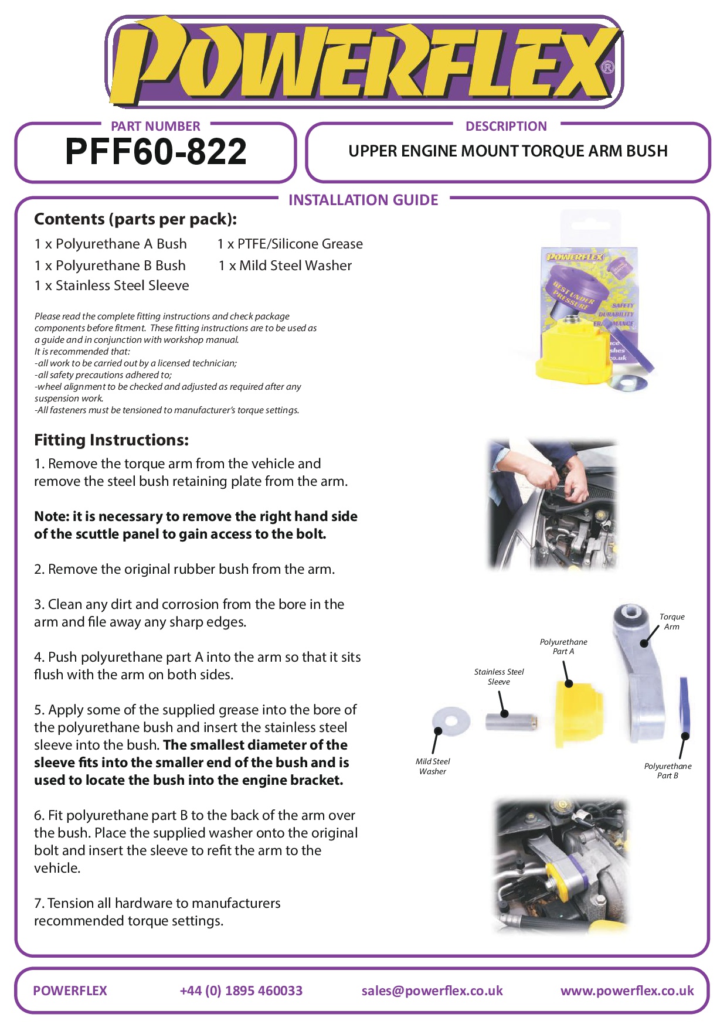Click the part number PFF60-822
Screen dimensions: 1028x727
click(x=156, y=152)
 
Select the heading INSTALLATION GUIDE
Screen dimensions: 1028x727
click(x=363, y=200)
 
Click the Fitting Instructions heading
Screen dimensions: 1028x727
click(x=111, y=440)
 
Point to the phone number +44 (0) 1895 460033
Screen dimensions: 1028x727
click(x=241, y=990)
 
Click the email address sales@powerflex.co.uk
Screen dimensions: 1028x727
click(x=432, y=990)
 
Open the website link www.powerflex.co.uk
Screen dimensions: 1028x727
click(x=627, y=990)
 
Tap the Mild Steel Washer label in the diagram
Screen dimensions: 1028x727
click(x=433, y=767)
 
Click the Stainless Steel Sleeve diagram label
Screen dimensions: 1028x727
click(x=499, y=677)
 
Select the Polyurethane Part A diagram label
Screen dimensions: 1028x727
click(x=563, y=646)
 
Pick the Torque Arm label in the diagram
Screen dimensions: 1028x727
click(x=671, y=622)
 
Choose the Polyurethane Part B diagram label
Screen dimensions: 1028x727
click(x=668, y=771)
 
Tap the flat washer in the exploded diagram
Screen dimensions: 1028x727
click(x=451, y=721)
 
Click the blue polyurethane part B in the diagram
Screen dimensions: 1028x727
click(x=684, y=706)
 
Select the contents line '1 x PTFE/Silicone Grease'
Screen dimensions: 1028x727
click(x=290, y=244)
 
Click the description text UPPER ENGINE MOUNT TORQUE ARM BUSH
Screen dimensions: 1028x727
click(x=508, y=151)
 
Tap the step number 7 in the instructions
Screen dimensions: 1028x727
click(x=38, y=903)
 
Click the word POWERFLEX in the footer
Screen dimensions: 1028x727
click(x=70, y=990)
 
